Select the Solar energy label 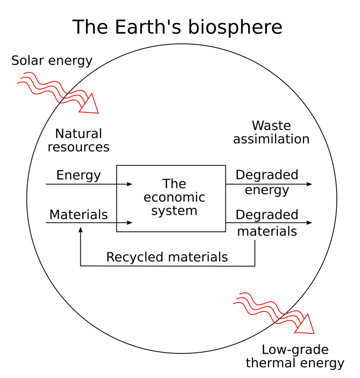tap(52, 61)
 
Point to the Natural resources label tap(78, 140)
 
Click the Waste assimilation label tap(271, 132)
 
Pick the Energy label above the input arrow tap(78, 175)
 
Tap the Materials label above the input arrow tap(78, 215)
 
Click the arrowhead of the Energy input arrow tap(130, 184)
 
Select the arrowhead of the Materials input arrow tap(130, 223)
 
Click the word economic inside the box tap(174, 197)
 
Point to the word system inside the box tap(174, 210)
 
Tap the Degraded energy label tap(267, 182)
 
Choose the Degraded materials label tap(267, 223)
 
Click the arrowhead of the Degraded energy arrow tap(309, 184)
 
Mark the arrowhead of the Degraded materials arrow tap(309, 223)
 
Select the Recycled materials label tap(167, 257)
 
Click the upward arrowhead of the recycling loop tap(81, 230)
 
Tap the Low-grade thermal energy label tap(295, 356)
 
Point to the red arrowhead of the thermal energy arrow tap(306, 324)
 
